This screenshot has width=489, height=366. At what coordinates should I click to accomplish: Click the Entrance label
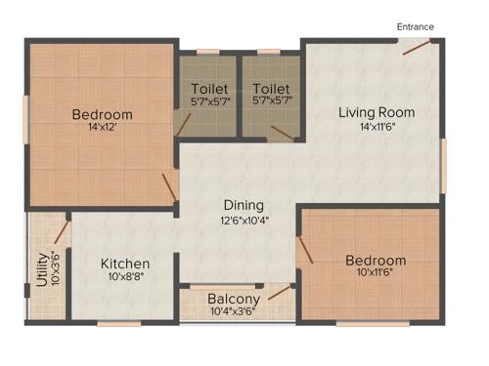coord(415,26)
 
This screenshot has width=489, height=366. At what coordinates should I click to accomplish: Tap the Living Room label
coord(377,112)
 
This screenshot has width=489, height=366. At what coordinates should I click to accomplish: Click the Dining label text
coord(244,205)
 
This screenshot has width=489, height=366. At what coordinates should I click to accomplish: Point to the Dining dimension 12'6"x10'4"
coord(244,220)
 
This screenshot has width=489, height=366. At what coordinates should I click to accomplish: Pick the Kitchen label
coord(125,264)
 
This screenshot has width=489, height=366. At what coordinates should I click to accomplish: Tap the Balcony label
coord(234,299)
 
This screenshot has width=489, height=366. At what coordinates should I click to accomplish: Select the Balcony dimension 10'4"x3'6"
coord(235,312)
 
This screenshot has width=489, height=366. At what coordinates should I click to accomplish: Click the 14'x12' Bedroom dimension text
coord(102,129)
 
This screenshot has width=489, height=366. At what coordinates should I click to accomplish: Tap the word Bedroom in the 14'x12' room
coord(102,114)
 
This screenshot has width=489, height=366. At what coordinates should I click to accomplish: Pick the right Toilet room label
coord(271,88)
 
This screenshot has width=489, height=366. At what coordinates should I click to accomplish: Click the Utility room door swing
coord(61,232)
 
